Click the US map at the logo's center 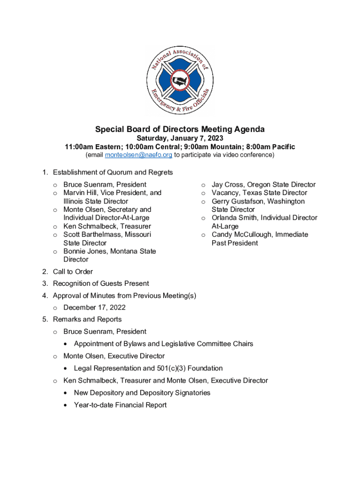coord(179,80)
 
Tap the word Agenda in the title coord(247,129)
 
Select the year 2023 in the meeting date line coord(215,138)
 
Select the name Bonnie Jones coord(84,251)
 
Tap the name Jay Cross coord(227,185)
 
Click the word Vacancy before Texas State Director coord(226,193)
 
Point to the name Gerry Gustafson coord(238,201)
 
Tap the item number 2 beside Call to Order coord(44,272)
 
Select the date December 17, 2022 coord(94,307)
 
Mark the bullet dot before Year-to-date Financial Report coord(65,405)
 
